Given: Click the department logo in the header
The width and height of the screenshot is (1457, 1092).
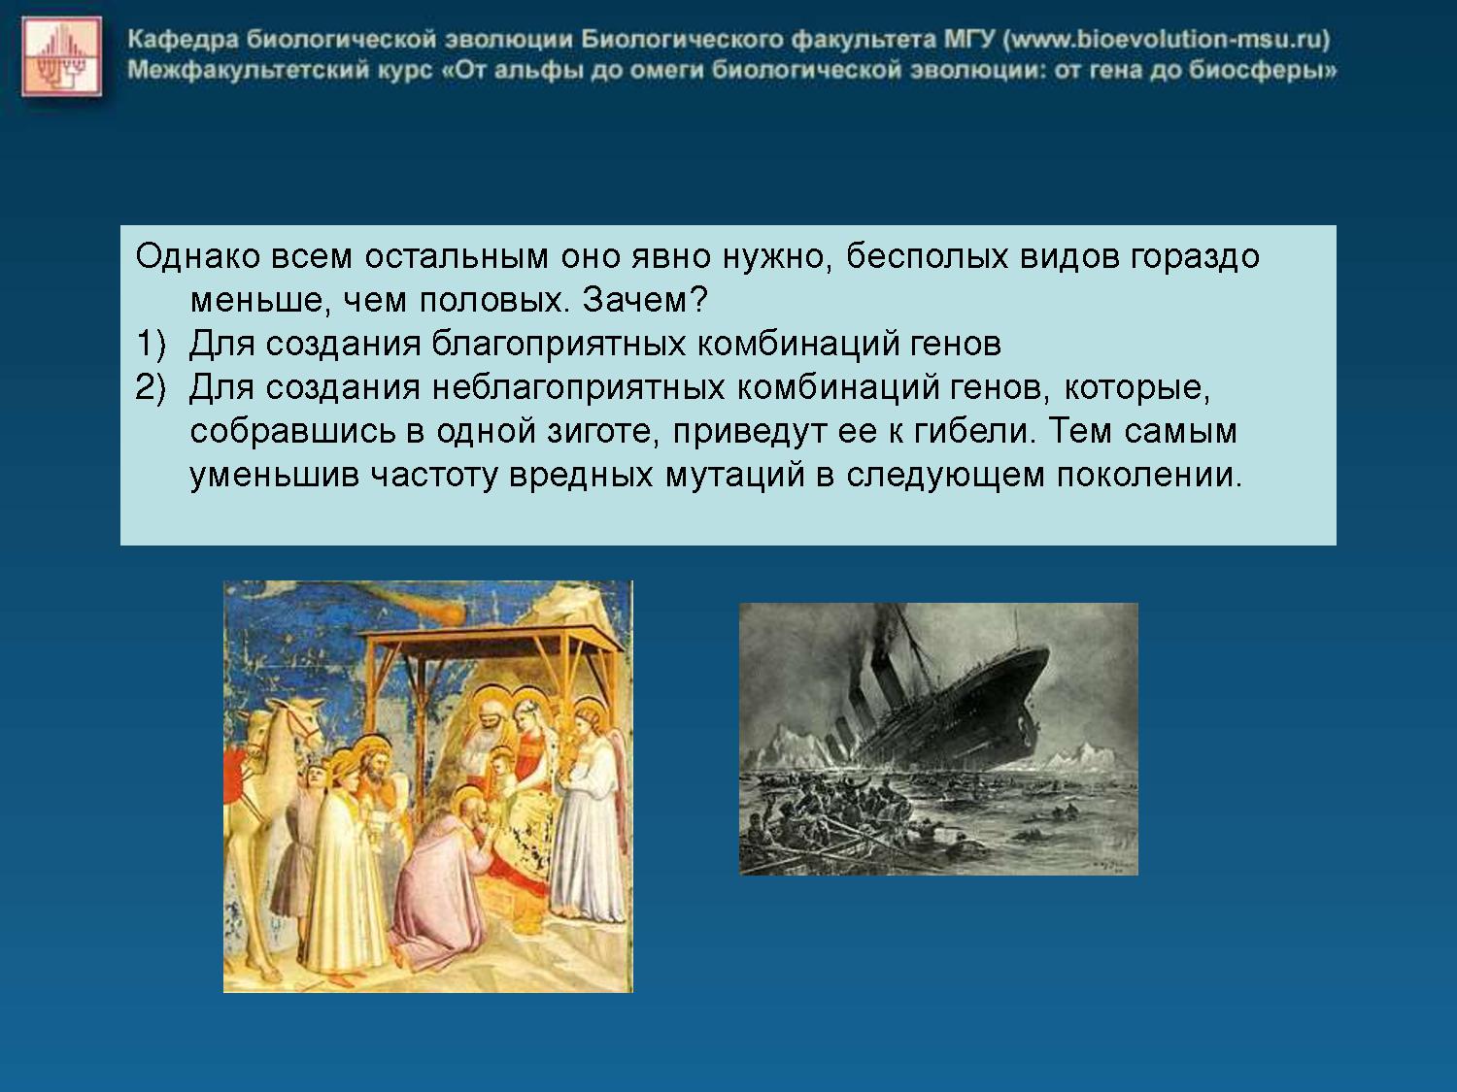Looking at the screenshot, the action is [x=62, y=56].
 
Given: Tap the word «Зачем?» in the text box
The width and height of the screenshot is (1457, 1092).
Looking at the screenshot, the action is [x=646, y=300].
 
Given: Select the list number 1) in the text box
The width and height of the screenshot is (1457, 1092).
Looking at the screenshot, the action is [x=150, y=345].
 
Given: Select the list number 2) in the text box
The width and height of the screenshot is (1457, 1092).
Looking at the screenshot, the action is [x=150, y=388].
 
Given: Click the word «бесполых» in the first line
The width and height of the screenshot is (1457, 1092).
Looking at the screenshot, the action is [x=928, y=256].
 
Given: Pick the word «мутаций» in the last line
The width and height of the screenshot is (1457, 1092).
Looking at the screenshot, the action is [x=734, y=476].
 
